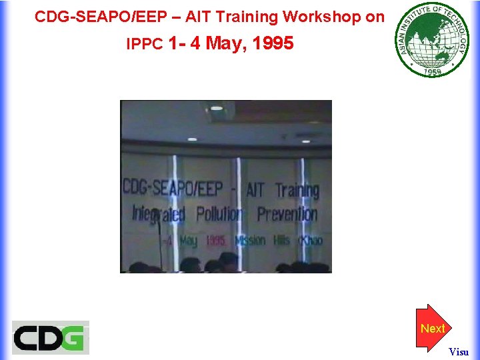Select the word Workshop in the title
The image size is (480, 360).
pyautogui.click(x=322, y=17)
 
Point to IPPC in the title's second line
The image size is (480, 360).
pyautogui.click(x=145, y=44)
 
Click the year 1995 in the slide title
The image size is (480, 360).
pyautogui.click(x=273, y=43)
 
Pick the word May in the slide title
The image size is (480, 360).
pyautogui.click(x=225, y=43)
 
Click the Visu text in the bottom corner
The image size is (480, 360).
pyautogui.click(x=459, y=351)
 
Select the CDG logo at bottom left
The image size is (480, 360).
pyautogui.click(x=50, y=337)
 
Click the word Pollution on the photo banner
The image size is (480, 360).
pyautogui.click(x=219, y=215)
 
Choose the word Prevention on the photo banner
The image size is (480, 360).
pyautogui.click(x=287, y=215)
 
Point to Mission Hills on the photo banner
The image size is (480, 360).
pyautogui.click(x=263, y=240)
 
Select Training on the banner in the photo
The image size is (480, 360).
pyautogui.click(x=297, y=190)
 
